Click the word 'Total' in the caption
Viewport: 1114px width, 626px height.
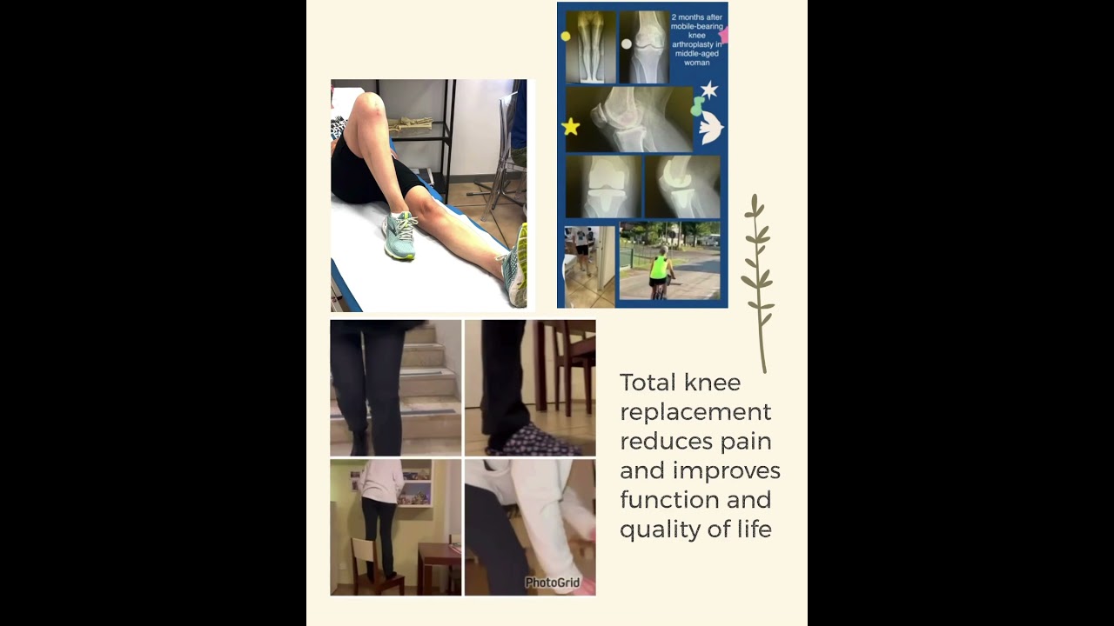tap(648, 383)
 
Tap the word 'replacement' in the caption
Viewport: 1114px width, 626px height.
tap(695, 412)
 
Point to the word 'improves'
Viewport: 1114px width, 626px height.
tap(736, 470)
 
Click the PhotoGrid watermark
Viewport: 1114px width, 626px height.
tap(552, 583)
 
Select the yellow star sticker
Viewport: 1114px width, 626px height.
tap(571, 127)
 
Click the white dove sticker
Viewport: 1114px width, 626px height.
tap(711, 128)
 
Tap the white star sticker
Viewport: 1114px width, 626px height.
tap(709, 90)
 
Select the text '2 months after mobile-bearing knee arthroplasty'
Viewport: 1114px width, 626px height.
tap(696, 39)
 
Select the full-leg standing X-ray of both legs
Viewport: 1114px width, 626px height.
tap(591, 47)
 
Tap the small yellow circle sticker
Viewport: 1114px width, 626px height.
tap(566, 37)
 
